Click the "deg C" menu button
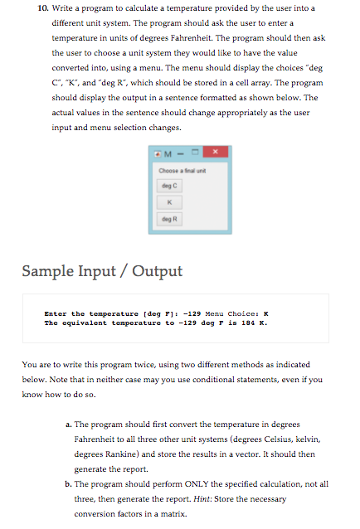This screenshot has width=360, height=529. (x=169, y=186)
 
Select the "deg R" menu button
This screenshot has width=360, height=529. (x=169, y=219)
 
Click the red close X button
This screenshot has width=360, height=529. (x=216, y=152)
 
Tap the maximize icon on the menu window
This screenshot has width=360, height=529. (x=195, y=152)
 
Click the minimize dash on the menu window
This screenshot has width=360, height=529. (x=181, y=154)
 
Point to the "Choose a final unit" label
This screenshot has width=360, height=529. (x=182, y=171)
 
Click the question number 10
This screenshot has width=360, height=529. (x=43, y=8)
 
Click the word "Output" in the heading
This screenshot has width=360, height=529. (x=158, y=271)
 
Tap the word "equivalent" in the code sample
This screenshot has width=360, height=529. (x=85, y=323)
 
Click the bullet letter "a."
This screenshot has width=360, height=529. (x=69, y=425)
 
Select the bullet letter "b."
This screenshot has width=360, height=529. (x=69, y=484)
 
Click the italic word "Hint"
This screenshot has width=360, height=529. (x=202, y=499)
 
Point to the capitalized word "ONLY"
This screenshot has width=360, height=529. (x=197, y=484)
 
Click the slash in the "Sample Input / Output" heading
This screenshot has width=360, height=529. (x=124, y=272)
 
